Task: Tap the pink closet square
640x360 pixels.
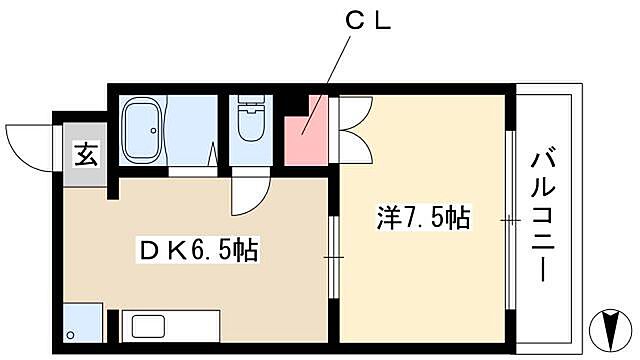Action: point(306,129)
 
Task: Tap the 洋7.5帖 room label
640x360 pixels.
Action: point(424,216)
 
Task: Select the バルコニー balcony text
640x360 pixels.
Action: point(544,216)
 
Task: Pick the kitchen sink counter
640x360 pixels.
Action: point(170,327)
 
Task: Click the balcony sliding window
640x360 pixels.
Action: point(511,218)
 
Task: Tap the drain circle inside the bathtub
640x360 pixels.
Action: point(153,130)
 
